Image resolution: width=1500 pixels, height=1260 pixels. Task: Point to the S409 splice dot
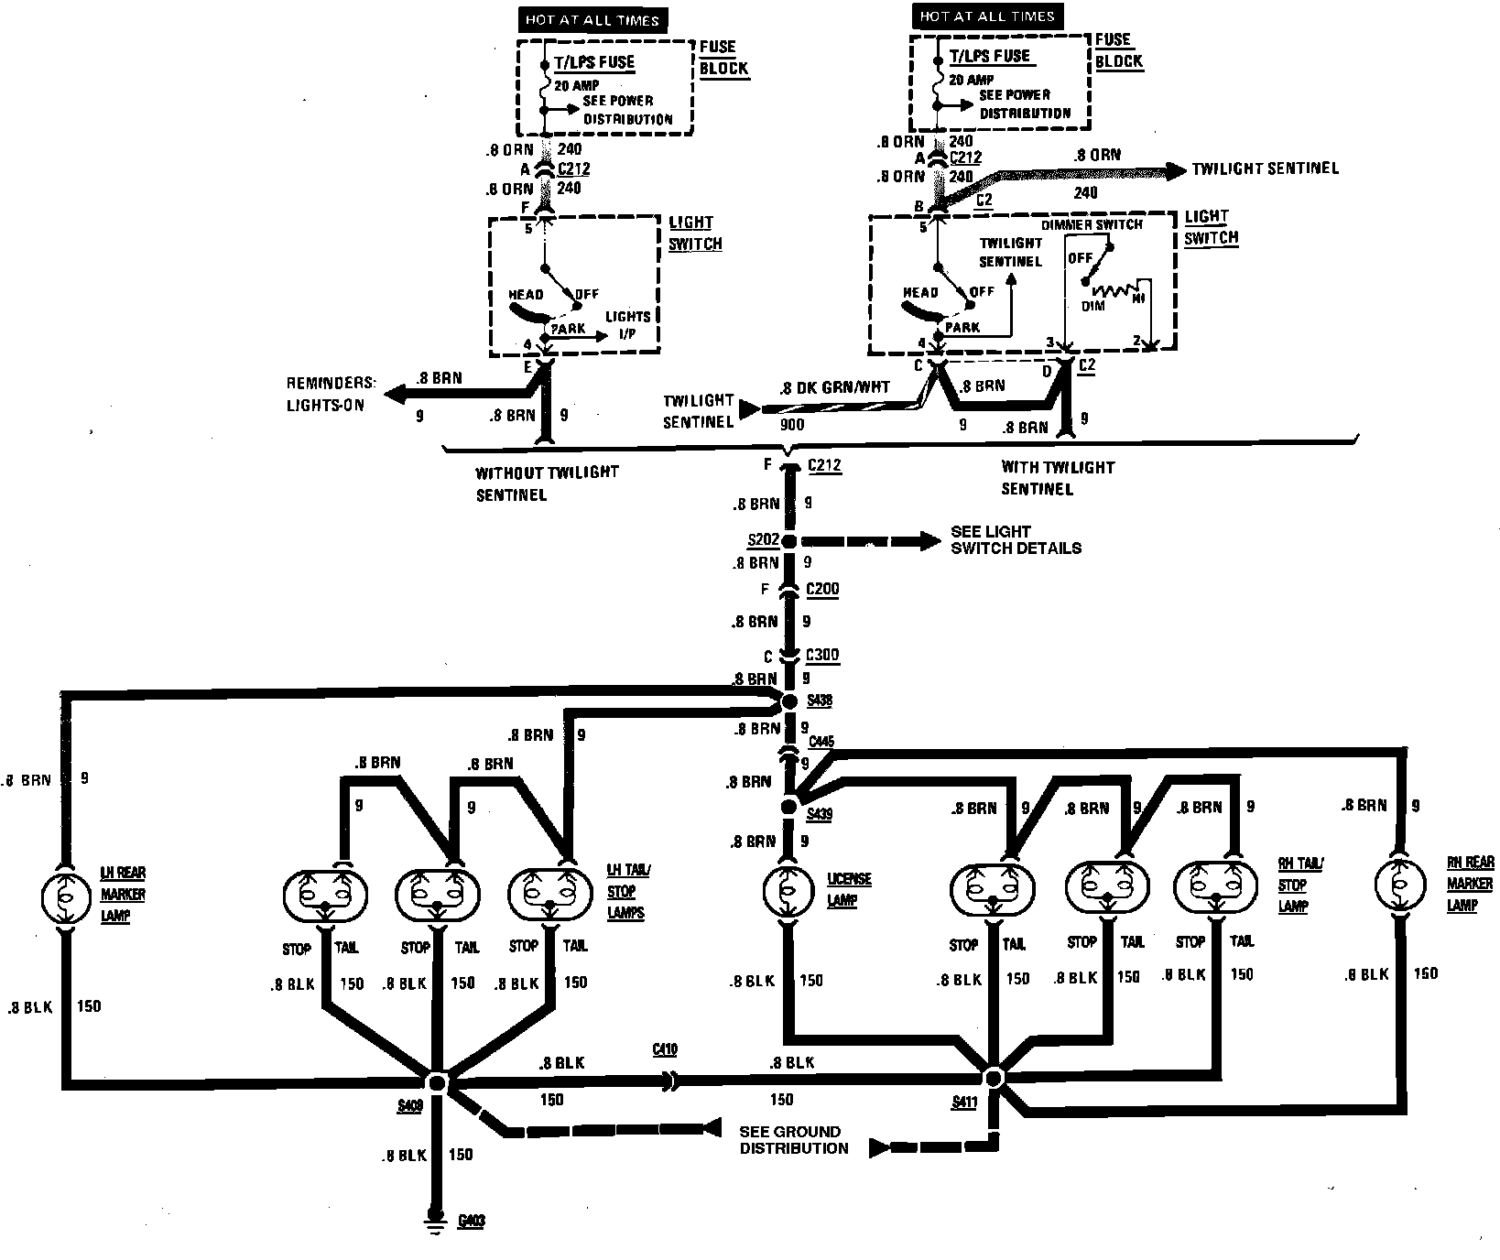tap(437, 1083)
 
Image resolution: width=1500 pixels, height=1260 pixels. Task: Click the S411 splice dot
tap(994, 1076)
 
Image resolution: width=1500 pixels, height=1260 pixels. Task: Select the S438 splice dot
tap(788, 701)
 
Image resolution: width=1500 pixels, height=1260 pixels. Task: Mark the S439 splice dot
tap(788, 807)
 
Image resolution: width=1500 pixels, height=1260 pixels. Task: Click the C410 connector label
tap(665, 1049)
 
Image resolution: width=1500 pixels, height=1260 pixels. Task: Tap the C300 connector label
tap(821, 656)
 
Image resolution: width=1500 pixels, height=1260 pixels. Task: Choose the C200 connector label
tap(821, 589)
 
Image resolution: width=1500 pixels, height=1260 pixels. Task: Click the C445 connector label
tap(821, 742)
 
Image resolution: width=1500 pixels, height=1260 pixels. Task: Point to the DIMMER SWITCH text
tap(1092, 225)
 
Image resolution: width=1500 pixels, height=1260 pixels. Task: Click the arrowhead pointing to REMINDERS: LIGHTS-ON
tap(394, 396)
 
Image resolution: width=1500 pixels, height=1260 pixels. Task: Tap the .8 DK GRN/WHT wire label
tap(834, 387)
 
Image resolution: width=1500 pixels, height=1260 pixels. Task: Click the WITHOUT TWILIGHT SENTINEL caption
tap(547, 483)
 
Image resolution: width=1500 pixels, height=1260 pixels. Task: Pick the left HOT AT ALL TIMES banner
tap(592, 20)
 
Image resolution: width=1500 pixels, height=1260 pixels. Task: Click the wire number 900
tap(791, 426)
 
